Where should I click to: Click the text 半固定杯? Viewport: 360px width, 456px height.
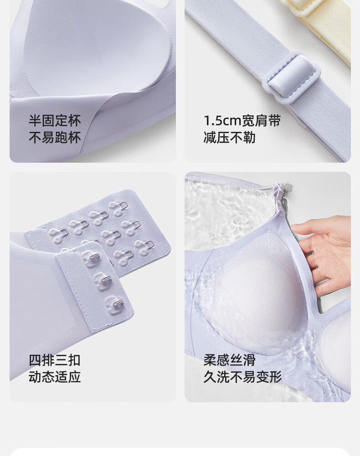[x=55, y=120]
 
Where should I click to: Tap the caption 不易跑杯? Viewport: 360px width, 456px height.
[x=55, y=137]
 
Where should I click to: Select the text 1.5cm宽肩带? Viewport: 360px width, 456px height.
[x=242, y=120]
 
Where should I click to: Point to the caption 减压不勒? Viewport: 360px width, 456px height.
[x=230, y=137]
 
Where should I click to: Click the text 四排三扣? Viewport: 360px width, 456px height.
[x=55, y=360]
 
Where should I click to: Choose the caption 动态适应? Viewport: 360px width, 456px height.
[x=55, y=377]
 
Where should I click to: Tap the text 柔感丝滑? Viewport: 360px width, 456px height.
[x=230, y=360]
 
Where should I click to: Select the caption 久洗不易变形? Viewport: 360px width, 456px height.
[x=242, y=377]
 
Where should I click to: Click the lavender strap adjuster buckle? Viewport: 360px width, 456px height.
[x=291, y=78]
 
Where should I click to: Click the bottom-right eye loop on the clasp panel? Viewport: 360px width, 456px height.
[x=150, y=244]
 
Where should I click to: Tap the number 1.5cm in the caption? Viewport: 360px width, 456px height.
[x=222, y=121]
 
